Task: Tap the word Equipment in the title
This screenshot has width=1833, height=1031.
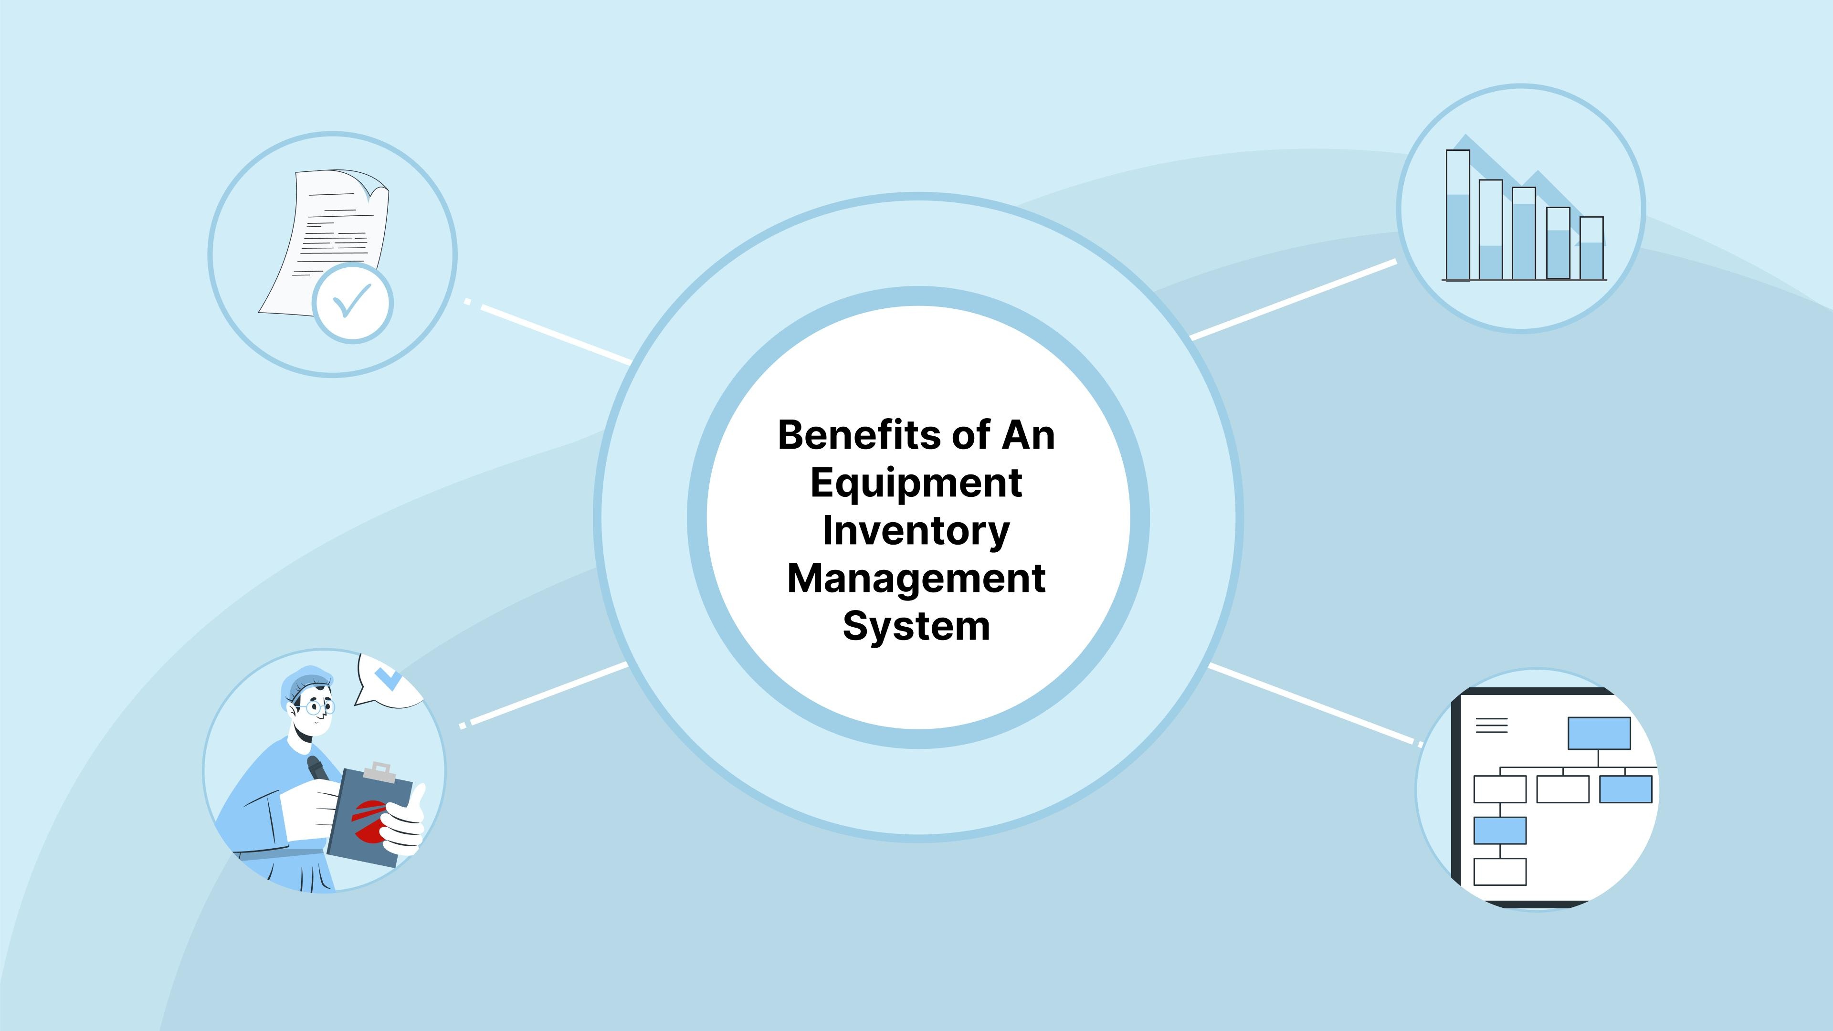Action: [x=916, y=484]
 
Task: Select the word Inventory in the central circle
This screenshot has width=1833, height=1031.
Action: [x=916, y=531]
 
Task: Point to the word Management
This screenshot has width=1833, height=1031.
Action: [x=916, y=579]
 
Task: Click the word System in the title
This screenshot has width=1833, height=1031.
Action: [x=916, y=626]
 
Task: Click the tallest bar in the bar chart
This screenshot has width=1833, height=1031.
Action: [x=1458, y=215]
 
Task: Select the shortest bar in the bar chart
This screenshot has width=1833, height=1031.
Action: [x=1592, y=248]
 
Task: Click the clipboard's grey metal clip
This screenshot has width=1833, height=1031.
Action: [x=379, y=772]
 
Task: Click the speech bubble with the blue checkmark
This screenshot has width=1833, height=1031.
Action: [x=388, y=682]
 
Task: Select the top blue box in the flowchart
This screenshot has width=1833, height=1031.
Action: [x=1600, y=733]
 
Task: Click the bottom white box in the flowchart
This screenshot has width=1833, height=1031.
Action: [x=1500, y=872]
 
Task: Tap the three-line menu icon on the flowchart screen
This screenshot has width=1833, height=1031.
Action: [x=1492, y=725]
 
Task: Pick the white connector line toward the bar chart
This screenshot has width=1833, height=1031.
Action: [x=1293, y=300]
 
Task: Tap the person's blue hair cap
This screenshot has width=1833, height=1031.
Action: [x=304, y=681]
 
